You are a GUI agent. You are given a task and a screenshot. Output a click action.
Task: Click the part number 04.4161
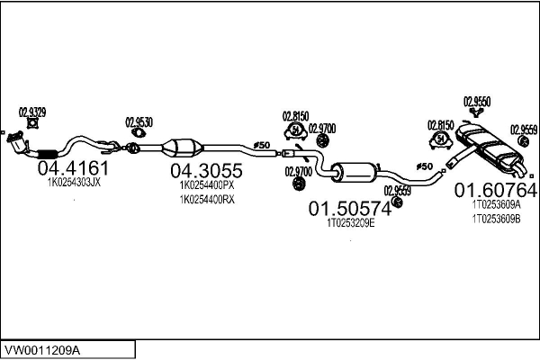point(73,167)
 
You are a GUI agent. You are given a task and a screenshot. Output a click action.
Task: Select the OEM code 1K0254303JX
point(73,182)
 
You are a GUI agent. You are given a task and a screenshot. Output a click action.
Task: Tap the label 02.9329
point(32,113)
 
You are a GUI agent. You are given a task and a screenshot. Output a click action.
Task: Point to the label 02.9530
point(139,121)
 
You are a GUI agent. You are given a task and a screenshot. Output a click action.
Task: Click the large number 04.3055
point(206,170)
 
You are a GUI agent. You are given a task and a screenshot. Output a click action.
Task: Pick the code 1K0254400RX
point(207,200)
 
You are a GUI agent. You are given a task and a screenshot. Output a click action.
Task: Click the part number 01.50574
point(350,209)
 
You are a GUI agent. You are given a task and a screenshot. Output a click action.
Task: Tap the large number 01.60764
point(495,190)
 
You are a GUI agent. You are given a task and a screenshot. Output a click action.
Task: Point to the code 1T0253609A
point(496,204)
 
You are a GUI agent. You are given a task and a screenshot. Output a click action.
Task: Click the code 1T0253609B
point(496,219)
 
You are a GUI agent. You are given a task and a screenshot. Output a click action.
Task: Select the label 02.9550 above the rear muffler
point(476,102)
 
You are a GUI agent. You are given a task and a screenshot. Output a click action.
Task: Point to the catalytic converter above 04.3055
point(184,148)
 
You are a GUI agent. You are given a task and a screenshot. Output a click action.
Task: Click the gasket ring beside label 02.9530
point(138,135)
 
